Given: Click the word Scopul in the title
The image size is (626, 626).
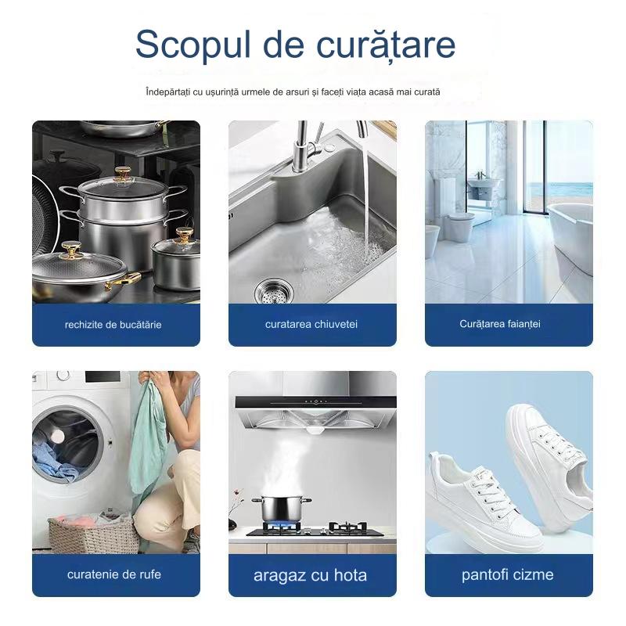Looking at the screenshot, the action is (x=193, y=45).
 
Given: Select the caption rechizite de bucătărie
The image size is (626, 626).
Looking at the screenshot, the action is (x=113, y=325).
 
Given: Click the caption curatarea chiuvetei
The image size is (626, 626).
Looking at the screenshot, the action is (x=311, y=324).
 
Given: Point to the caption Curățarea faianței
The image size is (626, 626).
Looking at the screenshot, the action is (x=500, y=324).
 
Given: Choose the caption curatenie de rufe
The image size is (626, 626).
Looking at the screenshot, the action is (x=114, y=574).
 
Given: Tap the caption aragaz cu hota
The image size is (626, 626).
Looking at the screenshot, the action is (x=310, y=575).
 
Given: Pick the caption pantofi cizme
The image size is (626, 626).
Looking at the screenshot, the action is (x=507, y=575).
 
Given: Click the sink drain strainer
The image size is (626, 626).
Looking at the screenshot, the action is (x=274, y=291).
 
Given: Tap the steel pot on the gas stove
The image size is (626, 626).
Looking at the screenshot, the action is (x=282, y=509).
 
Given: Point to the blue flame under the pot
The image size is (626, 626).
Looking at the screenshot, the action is (x=282, y=524).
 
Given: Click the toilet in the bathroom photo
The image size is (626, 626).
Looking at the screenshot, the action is (x=459, y=226).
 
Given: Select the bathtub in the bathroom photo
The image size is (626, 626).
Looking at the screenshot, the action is (x=570, y=236).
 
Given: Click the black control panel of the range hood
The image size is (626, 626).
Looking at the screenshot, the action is (x=315, y=402).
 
